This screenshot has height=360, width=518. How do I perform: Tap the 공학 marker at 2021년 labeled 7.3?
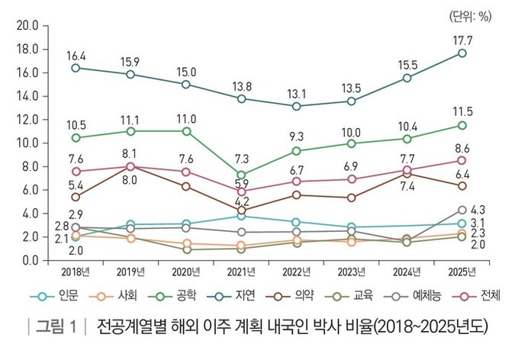click(242, 175)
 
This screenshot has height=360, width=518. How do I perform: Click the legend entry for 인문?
click(61, 295)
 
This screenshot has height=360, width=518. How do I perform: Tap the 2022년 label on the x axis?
click(296, 272)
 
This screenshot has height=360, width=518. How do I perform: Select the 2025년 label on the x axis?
click(462, 272)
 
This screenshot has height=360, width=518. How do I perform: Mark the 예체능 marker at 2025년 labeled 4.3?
click(462, 210)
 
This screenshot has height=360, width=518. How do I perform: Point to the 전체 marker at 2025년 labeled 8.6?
click(462, 159)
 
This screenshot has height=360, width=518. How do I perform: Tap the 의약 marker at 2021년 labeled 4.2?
click(242, 211)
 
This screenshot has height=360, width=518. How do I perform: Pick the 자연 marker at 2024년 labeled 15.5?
click(407, 78)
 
